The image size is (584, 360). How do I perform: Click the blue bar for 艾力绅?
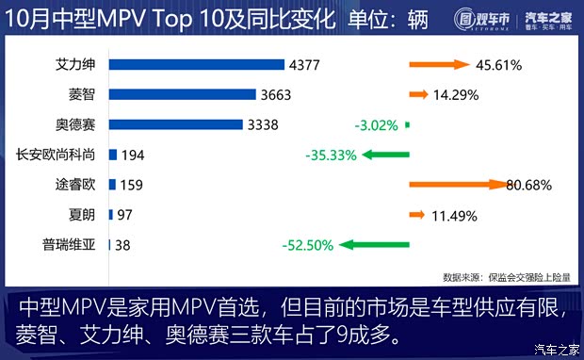(x=197, y=64)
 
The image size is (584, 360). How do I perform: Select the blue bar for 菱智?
(x=183, y=94)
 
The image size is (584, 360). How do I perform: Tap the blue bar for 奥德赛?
(x=176, y=124)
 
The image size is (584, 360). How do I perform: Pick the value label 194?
(x=133, y=155)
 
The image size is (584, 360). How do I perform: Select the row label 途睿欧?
(x=75, y=185)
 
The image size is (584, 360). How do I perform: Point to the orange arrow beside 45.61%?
(x=439, y=65)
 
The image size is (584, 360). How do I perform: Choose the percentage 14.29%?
(x=455, y=95)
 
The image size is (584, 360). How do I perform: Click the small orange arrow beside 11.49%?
(x=416, y=216)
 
